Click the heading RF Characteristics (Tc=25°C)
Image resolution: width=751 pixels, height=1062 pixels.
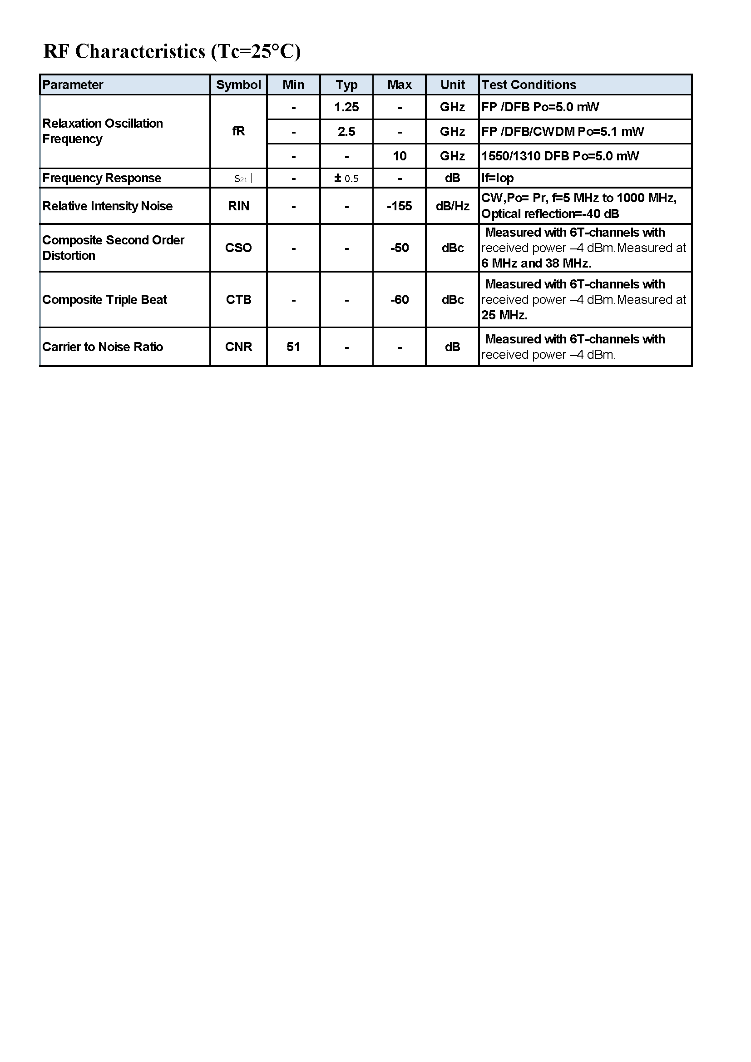[172, 51]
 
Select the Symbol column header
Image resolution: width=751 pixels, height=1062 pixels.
[238, 84]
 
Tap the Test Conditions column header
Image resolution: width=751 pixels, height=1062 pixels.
[529, 84]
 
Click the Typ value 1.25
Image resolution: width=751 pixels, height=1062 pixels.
[346, 107]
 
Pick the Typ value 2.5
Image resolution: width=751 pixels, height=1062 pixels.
[346, 132]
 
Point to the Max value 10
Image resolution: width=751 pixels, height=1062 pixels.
[399, 156]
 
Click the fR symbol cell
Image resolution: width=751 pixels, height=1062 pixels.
[238, 132]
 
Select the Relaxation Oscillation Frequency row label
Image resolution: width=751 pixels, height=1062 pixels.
[103, 131]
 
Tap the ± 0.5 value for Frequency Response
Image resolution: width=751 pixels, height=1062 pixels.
[346, 179]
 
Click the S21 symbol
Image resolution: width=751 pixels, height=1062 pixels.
[242, 179]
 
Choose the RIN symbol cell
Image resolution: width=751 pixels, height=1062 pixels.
[238, 206]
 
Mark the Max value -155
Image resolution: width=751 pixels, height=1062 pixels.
[399, 206]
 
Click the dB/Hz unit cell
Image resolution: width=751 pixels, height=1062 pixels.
[452, 206]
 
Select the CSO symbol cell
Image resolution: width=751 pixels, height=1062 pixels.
[238, 248]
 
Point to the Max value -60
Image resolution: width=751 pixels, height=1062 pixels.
[399, 300]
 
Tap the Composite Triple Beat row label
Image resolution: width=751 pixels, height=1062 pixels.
[104, 300]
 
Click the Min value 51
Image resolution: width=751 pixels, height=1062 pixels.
[293, 347]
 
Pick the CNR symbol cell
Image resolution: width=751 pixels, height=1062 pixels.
[238, 347]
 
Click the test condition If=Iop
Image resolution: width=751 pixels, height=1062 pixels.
[498, 178]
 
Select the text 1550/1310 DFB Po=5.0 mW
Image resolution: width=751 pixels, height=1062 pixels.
[560, 156]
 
